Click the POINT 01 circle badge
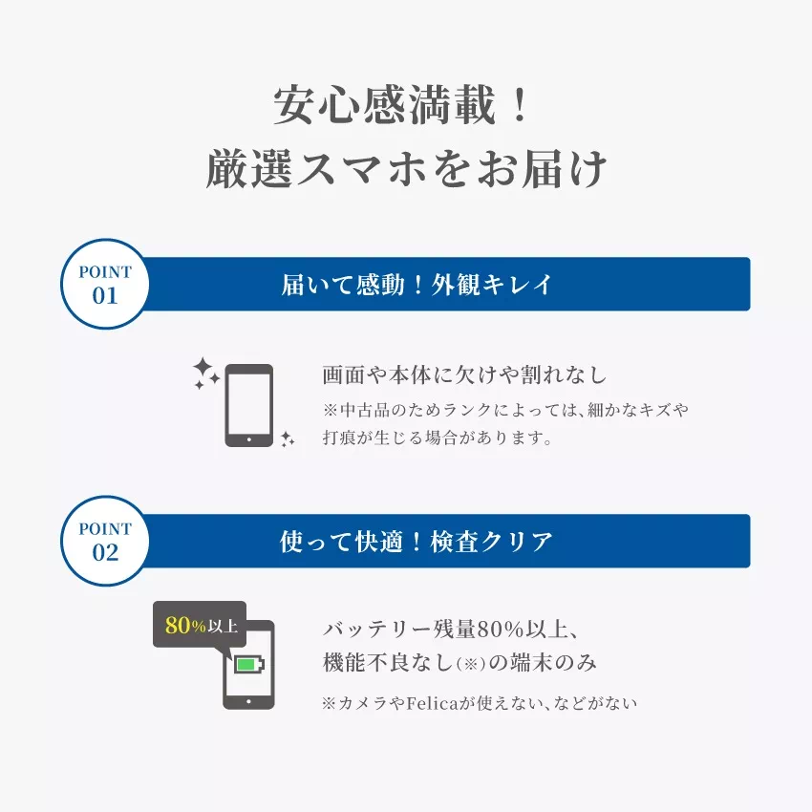pos(105,285)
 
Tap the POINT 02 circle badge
pos(105,542)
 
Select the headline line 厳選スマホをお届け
pos(406,170)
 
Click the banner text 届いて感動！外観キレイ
pos(417,285)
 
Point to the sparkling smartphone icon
pos(248,405)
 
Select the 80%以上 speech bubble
pos(200,626)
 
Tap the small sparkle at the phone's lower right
pos(287,438)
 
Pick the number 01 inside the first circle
pos(105,295)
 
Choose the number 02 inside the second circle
pos(105,552)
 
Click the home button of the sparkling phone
pos(248,438)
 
